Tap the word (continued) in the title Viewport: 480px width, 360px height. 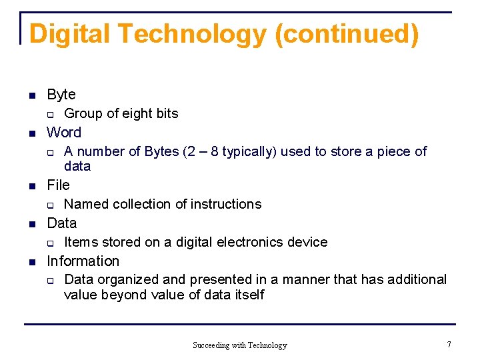[347, 34]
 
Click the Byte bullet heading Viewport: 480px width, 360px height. [61, 95]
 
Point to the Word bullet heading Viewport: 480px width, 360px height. [64, 133]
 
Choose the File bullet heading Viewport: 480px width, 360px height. [58, 185]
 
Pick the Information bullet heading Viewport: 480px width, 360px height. [83, 261]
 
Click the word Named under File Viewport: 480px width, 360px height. [87, 204]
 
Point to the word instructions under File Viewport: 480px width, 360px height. [225, 204]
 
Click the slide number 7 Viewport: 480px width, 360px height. [449, 345]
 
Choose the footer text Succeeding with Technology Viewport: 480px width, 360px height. [239, 345]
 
